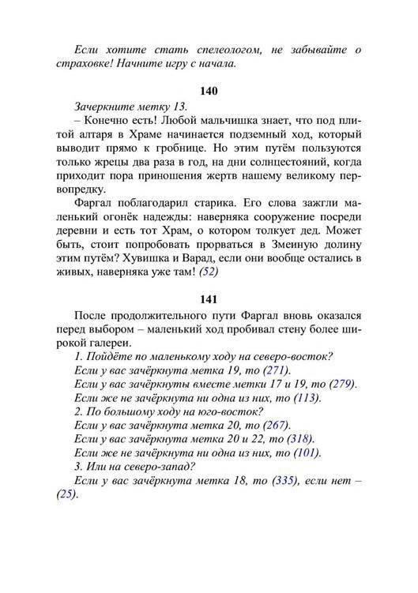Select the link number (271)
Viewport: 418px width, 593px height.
[276, 370]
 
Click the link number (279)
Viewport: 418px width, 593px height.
[342, 384]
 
